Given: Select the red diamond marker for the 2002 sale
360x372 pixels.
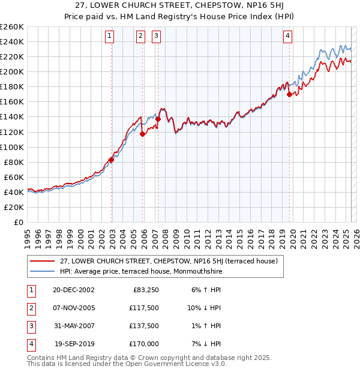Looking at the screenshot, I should pyautogui.click(x=112, y=160).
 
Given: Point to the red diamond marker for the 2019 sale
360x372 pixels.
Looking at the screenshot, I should pyautogui.click(x=289, y=94).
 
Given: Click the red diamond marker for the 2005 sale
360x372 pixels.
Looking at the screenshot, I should pyautogui.click(x=142, y=134).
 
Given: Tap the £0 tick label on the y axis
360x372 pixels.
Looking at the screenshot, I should pyautogui.click(x=19, y=222).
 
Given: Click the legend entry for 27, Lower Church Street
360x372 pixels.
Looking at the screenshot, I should pyautogui.click(x=169, y=261).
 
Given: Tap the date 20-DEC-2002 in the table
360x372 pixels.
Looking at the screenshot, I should pyautogui.click(x=74, y=290).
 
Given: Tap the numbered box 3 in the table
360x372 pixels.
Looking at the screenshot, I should pyautogui.click(x=30, y=326).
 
